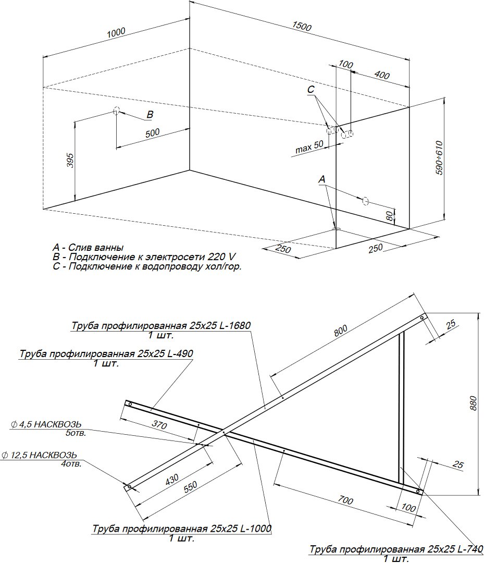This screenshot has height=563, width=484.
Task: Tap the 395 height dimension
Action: point(70,162)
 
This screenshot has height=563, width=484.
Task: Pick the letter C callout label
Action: point(311,90)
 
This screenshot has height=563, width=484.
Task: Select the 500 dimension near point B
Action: point(152,132)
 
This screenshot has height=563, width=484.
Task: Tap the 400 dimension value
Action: point(382,75)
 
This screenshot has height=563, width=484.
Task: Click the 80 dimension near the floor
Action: point(389,216)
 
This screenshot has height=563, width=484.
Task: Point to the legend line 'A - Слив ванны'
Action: point(88,248)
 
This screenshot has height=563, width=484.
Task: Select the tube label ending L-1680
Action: point(161,326)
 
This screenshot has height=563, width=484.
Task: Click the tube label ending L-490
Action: point(106,354)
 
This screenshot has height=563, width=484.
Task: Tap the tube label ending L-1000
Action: point(182,529)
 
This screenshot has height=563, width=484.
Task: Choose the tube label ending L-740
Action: point(396,550)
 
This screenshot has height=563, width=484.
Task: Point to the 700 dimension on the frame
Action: point(345,501)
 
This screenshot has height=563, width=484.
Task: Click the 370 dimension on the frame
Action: point(159,425)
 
